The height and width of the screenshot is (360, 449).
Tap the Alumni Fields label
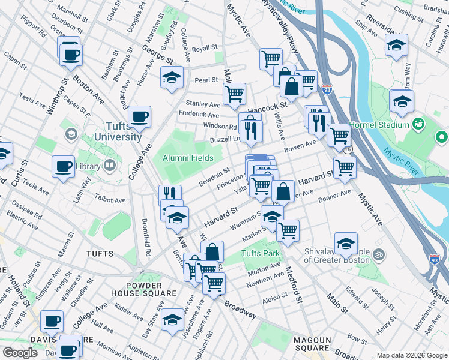(x=188, y=158)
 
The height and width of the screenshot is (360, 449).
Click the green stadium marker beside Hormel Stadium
(x=418, y=124)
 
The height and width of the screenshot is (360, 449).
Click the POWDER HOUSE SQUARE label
(x=143, y=289)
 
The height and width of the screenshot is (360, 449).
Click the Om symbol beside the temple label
(x=379, y=255)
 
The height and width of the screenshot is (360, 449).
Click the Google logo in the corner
(x=20, y=353)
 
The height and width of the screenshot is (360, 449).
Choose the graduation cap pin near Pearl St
(x=172, y=77)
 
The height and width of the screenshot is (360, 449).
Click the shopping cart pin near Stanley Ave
(x=234, y=93)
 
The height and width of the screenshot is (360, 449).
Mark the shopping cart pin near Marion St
(x=288, y=229)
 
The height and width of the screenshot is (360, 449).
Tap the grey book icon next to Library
(x=110, y=164)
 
